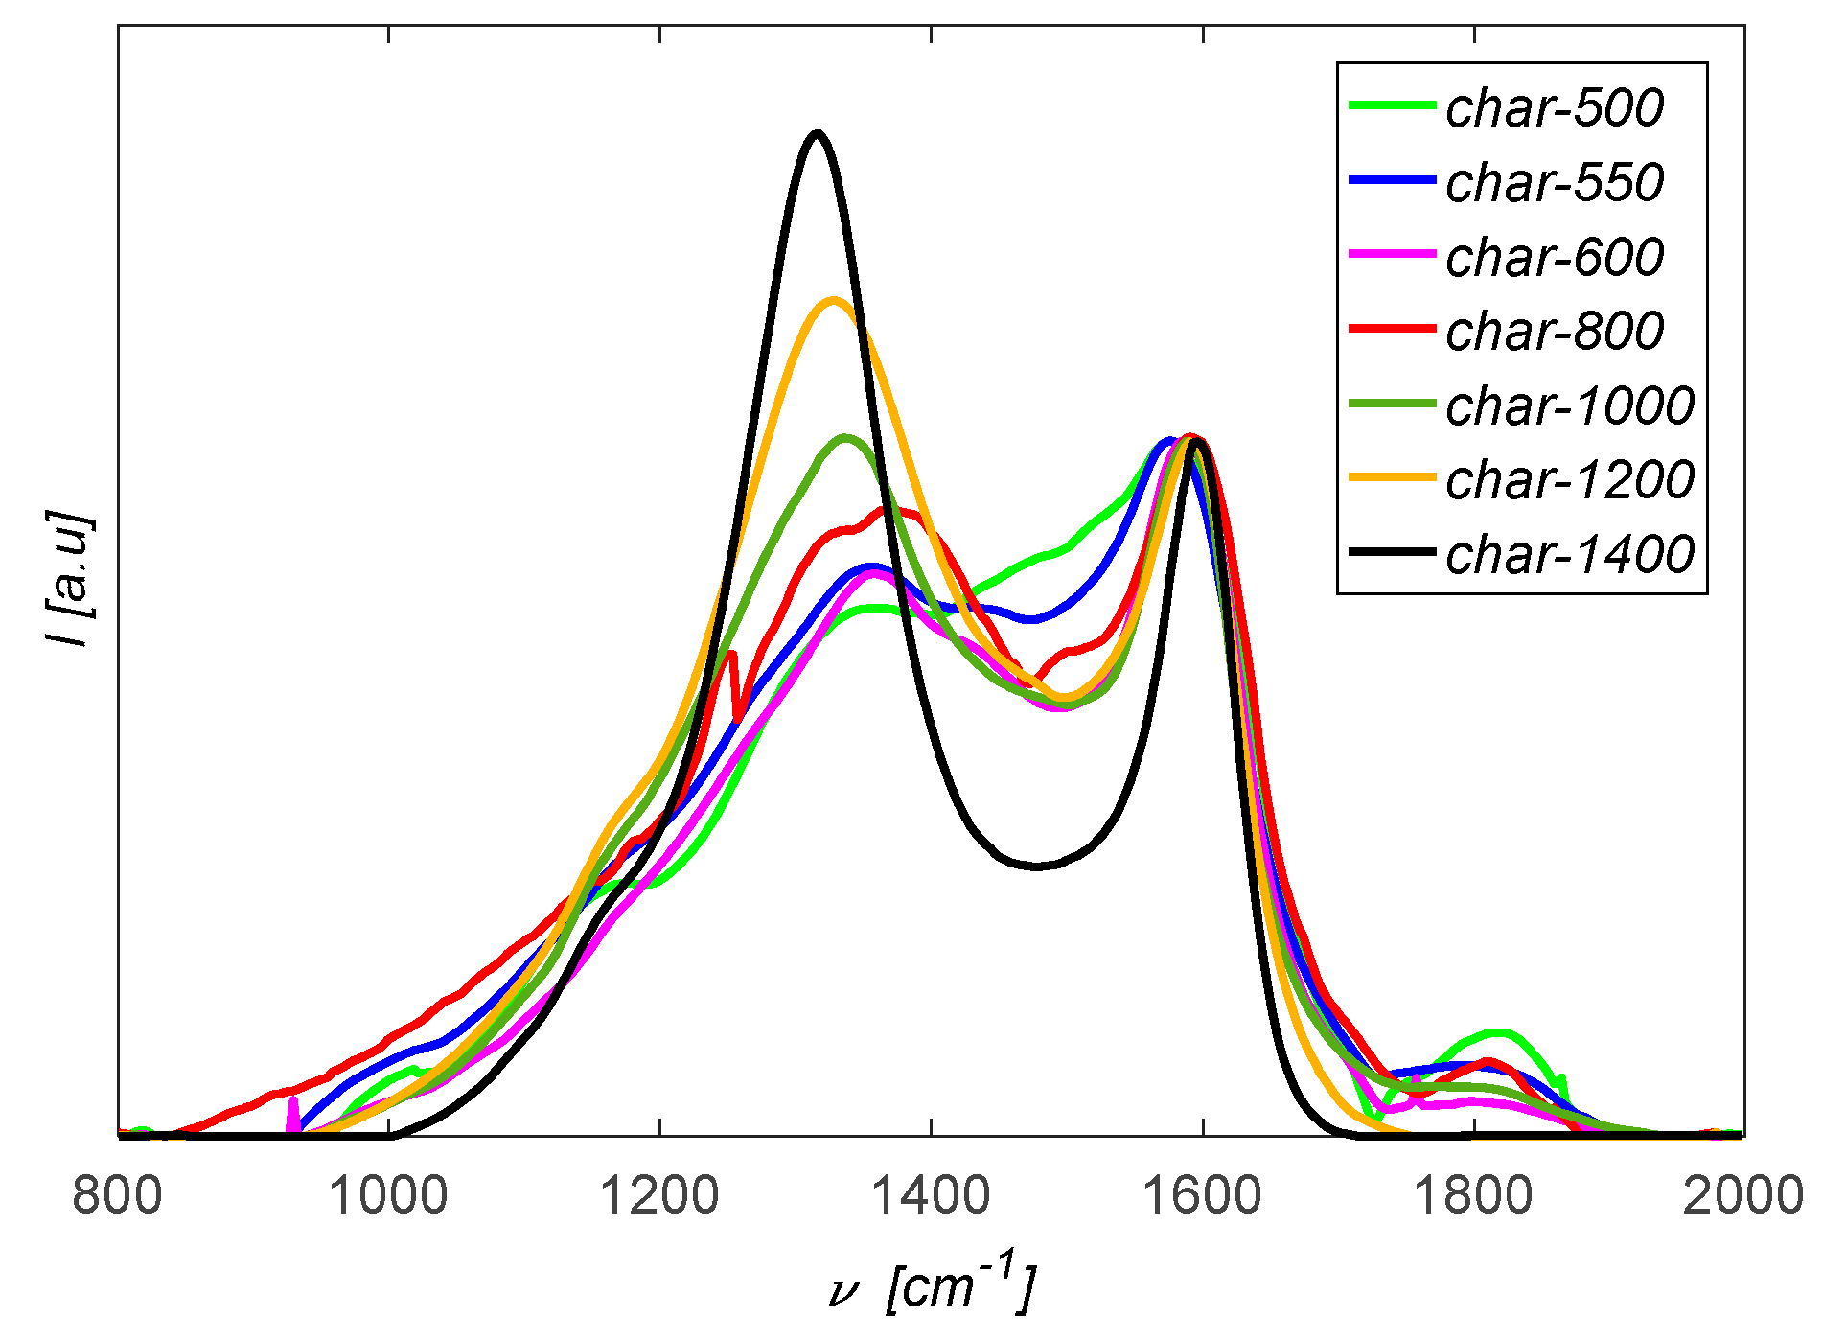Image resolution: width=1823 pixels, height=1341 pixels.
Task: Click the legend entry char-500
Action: point(1554,107)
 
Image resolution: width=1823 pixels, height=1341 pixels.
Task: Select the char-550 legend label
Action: point(1554,182)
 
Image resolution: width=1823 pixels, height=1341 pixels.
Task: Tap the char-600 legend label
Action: point(1554,257)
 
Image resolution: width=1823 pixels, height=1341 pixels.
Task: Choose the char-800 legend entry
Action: point(1554,331)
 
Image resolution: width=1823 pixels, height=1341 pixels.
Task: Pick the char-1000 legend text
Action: point(1569,405)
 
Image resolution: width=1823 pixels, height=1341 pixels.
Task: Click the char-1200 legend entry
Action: point(1569,479)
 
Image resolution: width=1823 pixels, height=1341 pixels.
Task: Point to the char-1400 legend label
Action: point(1569,554)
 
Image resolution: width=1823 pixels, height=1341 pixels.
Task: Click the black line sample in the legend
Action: point(1392,552)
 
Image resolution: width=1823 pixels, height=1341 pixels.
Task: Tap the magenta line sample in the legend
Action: point(1392,254)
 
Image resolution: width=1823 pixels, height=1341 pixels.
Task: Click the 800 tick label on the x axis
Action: point(117,1195)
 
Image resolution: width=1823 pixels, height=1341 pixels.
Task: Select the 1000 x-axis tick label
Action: point(388,1195)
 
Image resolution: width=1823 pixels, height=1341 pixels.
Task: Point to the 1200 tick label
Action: point(659,1195)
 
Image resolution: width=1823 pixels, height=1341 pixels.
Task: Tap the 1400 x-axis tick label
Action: point(931,1195)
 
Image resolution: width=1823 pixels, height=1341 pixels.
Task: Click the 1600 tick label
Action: point(1202,1195)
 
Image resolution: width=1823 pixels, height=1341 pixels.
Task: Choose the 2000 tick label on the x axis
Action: point(1742,1195)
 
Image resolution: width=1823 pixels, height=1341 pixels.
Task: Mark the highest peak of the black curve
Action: point(816,133)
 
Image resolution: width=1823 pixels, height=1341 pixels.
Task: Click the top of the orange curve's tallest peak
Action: point(832,300)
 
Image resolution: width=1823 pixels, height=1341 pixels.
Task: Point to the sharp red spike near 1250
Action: point(731,654)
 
